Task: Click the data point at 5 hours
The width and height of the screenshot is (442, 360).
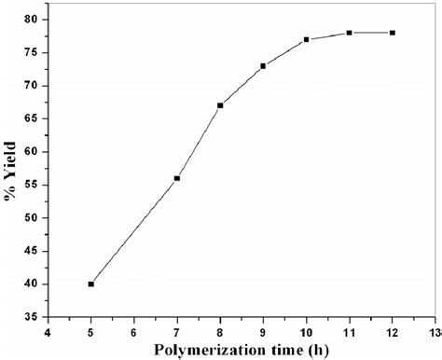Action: click(91, 284)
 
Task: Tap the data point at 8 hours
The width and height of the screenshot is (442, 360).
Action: click(220, 105)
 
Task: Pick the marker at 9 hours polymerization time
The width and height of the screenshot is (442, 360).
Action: click(263, 66)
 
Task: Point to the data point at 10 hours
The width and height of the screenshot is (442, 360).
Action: click(306, 39)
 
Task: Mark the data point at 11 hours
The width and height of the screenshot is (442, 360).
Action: click(349, 33)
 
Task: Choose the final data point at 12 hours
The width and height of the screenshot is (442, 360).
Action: click(392, 33)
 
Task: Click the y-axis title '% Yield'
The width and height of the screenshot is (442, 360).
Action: click(11, 168)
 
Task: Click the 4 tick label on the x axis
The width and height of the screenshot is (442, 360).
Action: click(48, 330)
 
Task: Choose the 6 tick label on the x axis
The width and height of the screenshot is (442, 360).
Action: click(134, 330)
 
